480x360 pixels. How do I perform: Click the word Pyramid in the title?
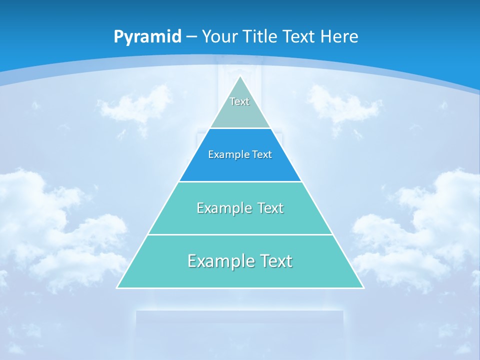[147, 37]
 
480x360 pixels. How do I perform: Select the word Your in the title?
[220, 36]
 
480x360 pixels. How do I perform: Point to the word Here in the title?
[339, 36]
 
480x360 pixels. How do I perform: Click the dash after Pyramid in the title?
[191, 37]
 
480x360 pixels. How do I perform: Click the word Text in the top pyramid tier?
[239, 101]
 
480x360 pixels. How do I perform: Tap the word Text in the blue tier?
[261, 154]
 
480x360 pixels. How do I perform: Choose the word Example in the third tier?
[224, 208]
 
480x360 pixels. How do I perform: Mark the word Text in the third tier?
[270, 208]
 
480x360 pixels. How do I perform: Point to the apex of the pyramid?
[240, 76]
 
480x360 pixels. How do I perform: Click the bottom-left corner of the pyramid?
[117, 287]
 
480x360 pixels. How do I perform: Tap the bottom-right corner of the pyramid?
[363, 287]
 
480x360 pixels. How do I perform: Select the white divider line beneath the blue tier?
[240, 181]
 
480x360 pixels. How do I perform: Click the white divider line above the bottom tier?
[240, 234]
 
